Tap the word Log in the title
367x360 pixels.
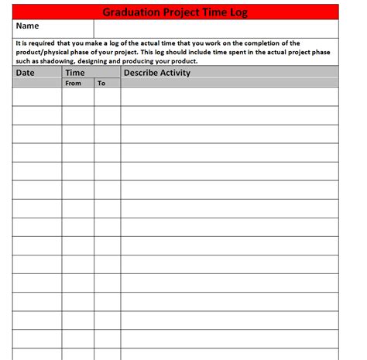pos(249,12)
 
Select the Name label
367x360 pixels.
pos(27,26)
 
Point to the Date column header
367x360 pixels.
pos(26,73)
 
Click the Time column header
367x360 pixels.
pos(75,73)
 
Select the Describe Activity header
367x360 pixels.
pos(157,73)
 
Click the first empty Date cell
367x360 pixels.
pos(37,96)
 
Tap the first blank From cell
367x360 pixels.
pos(78,96)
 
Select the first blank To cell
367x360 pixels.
pos(108,96)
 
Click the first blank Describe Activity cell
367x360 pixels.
pos(229,96)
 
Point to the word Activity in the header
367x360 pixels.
pos(174,73)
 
